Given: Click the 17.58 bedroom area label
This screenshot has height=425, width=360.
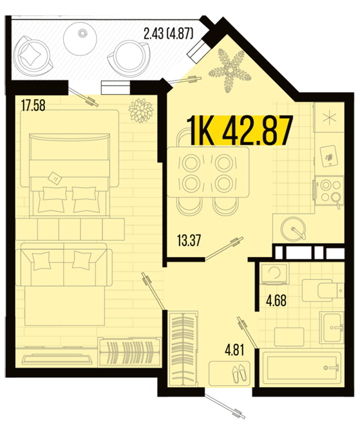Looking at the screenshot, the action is coord(33,106).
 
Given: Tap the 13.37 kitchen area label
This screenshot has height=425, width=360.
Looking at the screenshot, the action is coord(189,240).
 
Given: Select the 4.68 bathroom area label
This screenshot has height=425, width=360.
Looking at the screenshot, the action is coord(276,301).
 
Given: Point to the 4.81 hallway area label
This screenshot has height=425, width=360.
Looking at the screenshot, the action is coord(234,350).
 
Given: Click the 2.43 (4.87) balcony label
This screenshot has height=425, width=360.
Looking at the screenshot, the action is coord(168,34).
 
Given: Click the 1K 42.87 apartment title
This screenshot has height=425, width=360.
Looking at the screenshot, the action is coord(240,131).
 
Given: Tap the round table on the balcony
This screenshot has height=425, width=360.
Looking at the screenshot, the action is coord(81,39).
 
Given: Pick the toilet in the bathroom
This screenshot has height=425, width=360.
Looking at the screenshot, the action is coord(323,290).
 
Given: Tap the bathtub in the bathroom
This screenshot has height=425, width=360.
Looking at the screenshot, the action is coord(301,367).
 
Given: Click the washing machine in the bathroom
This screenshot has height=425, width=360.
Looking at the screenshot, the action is coord(274,274).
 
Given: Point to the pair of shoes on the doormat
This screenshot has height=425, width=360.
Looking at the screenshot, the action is coord(239,373).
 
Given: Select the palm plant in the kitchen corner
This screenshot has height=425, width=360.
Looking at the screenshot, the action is coord(229,70).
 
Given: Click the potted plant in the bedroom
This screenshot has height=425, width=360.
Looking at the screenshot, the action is coord(140,110).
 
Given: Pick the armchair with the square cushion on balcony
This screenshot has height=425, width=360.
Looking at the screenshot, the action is coord(33,56).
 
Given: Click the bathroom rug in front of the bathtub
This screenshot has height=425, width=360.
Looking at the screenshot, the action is coord(289,337).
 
